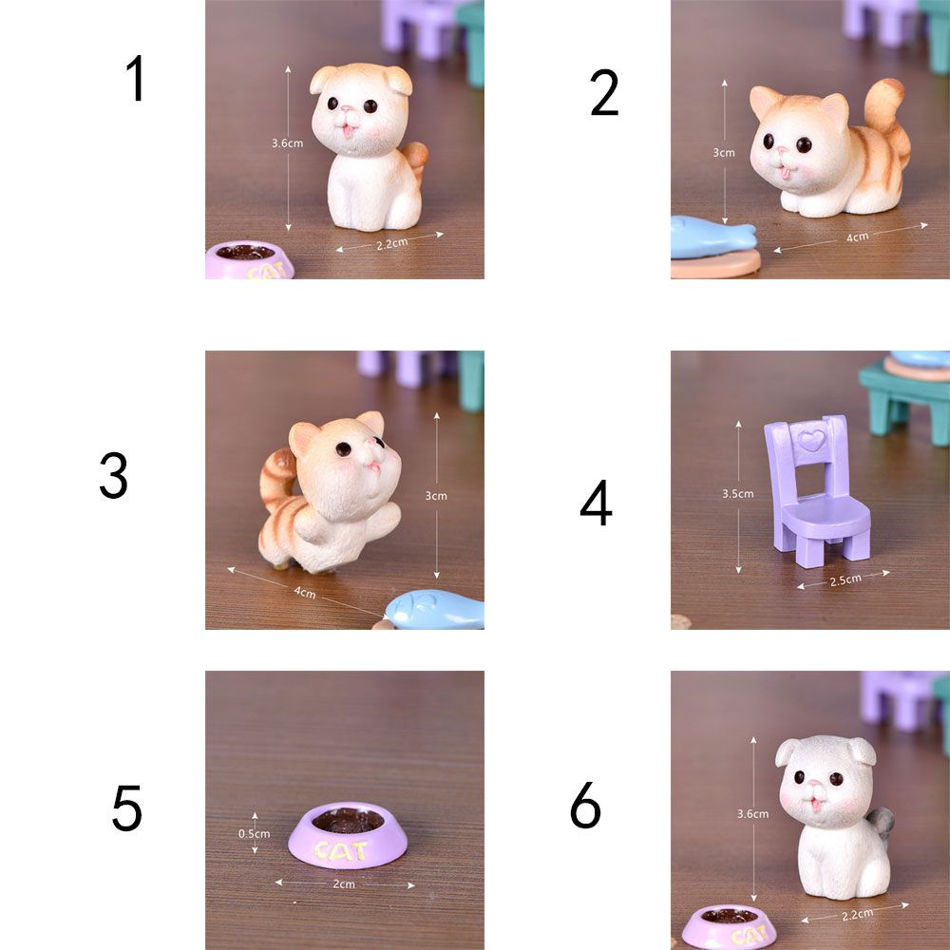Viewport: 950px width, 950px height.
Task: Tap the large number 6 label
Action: (585, 807)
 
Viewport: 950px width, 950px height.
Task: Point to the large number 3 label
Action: (113, 476)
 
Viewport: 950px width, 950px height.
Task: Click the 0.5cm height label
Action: (254, 834)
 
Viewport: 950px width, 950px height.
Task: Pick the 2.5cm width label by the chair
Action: (845, 579)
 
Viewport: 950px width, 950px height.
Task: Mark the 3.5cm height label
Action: (737, 493)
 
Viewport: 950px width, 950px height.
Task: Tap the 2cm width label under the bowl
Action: (343, 884)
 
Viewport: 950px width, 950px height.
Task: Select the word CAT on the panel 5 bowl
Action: (340, 849)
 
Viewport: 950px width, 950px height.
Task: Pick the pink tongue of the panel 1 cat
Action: (348, 134)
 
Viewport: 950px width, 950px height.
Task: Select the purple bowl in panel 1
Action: (249, 261)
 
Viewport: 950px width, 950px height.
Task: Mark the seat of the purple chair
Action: (831, 518)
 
